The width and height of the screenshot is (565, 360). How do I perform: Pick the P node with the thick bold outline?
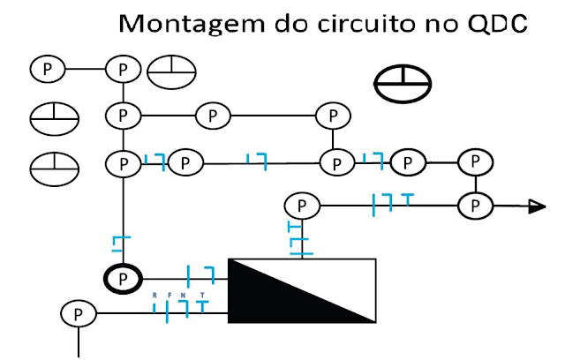124,278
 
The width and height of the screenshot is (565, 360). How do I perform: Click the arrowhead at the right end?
536,206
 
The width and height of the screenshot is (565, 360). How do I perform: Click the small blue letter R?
155,295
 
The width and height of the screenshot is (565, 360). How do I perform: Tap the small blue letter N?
183,295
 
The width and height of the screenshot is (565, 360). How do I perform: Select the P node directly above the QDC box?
302,206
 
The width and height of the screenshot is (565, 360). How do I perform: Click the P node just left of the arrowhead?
475,206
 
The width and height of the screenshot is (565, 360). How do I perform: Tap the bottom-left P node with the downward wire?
79,313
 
